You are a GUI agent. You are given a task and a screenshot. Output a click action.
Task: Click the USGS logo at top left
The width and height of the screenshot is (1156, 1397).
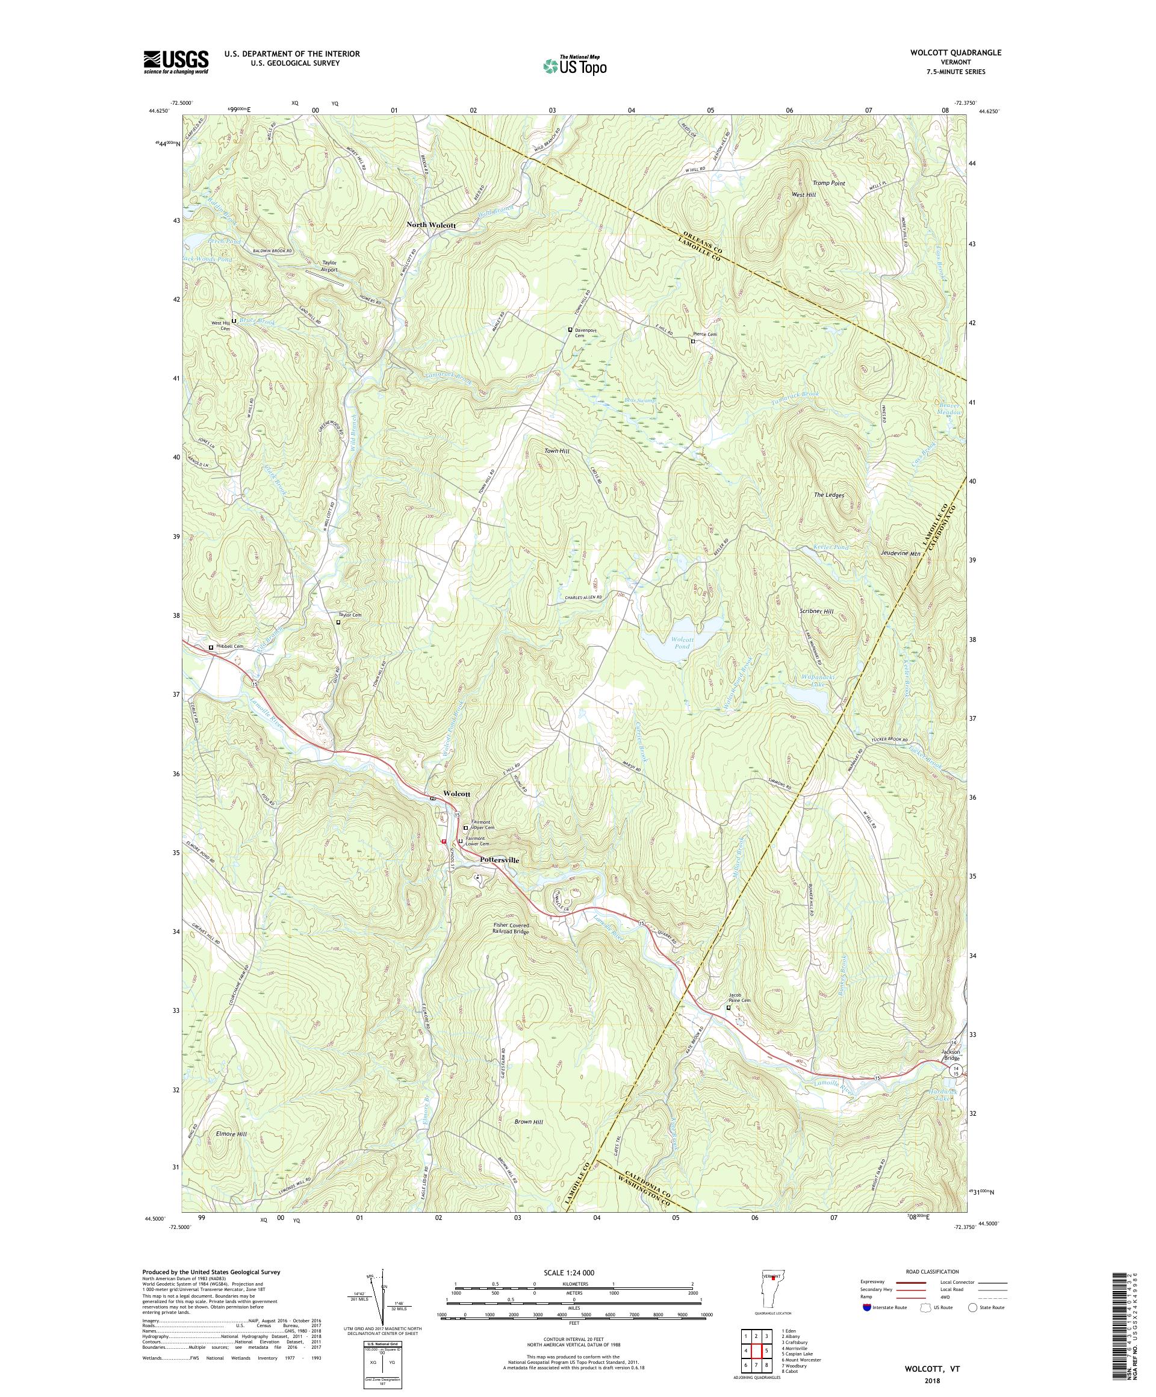tap(176, 62)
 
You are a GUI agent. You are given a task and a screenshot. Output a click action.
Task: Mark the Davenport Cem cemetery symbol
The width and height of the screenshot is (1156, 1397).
tap(570, 329)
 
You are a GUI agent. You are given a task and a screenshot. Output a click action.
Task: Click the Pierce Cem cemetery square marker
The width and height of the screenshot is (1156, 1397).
tap(692, 341)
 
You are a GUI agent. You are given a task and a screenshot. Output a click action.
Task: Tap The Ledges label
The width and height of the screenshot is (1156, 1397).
tap(828, 495)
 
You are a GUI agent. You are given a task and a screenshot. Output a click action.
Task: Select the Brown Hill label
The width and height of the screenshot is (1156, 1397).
tap(529, 1122)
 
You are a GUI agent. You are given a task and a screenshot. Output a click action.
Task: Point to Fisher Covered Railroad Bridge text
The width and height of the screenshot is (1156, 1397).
tap(511, 929)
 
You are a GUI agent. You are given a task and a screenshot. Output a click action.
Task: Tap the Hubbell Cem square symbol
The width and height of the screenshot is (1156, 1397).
tap(211, 647)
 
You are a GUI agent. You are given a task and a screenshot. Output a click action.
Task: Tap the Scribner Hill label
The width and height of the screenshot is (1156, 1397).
tap(815, 611)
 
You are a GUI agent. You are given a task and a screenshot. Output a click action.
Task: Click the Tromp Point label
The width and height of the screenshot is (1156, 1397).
tap(828, 182)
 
